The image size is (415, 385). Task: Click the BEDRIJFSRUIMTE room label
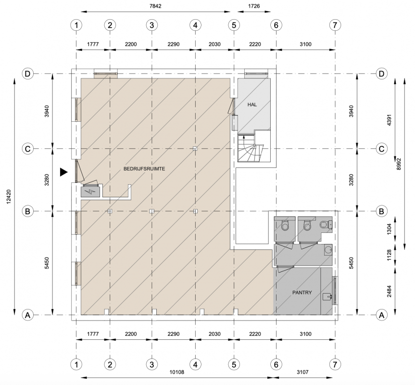coord(144,168)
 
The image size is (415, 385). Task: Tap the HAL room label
coord(252,104)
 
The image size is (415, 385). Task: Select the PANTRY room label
coord(302,292)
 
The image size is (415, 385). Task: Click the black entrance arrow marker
coord(63,172)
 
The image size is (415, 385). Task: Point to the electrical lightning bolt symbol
coord(90,191)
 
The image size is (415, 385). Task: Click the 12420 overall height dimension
coord(9,196)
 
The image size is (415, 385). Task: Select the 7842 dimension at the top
coord(155,6)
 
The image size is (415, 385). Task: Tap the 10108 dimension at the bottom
coord(176,372)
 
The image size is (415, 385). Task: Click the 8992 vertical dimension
coord(399,164)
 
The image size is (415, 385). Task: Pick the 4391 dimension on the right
coord(389,120)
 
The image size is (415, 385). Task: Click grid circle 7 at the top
coord(335,25)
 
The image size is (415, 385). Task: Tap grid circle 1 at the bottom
coord(76,365)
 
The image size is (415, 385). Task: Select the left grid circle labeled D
coord(27,74)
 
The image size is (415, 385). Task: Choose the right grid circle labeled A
coord(381,315)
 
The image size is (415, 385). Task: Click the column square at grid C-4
coord(195,149)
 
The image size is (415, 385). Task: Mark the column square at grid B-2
coord(110,211)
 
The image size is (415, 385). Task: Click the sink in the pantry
coord(327,297)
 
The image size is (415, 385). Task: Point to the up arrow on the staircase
coord(244,137)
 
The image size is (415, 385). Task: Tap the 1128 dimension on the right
coord(389,255)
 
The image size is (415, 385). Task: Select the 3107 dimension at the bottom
coord(302,372)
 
